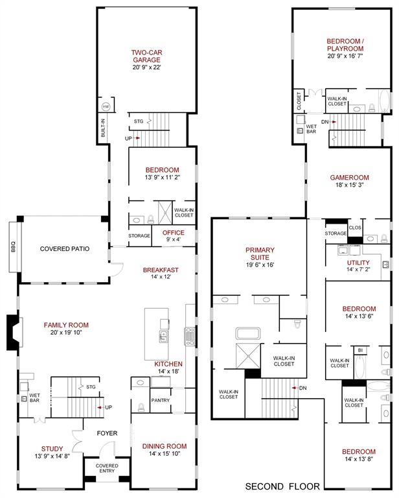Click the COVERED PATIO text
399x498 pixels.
point(64,248)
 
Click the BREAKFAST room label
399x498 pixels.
point(161,270)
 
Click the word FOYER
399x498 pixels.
point(107,433)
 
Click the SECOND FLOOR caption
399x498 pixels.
point(282,486)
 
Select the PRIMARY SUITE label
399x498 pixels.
point(260,254)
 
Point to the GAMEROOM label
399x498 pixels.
point(350,178)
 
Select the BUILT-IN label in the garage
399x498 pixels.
point(103,126)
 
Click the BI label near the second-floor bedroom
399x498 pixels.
point(359,351)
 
